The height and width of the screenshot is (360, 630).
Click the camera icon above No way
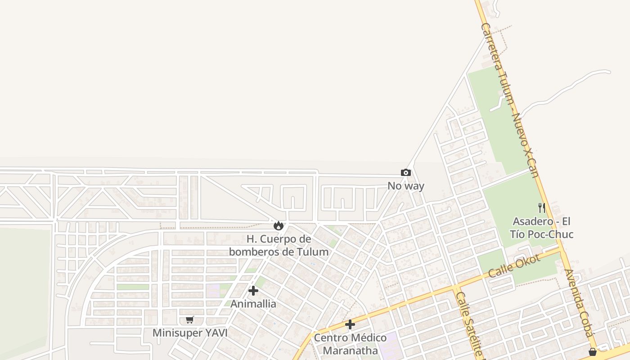406,173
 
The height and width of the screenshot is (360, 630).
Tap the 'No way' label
406,185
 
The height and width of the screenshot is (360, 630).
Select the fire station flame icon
279,225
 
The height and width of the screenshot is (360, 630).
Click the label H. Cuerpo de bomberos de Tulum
279,245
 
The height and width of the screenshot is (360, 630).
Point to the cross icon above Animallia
253,291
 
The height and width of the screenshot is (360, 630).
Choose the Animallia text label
253,304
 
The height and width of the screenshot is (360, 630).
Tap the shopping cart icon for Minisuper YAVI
190,320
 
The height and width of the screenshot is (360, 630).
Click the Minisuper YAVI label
190,333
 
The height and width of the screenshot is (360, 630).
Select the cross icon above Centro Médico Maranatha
350,324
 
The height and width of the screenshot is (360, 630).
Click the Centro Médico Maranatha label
350,344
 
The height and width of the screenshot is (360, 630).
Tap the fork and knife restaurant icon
542,208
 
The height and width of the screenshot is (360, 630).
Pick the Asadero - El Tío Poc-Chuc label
541,228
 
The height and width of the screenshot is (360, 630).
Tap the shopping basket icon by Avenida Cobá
593,352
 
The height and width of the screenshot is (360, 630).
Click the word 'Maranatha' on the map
351,350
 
